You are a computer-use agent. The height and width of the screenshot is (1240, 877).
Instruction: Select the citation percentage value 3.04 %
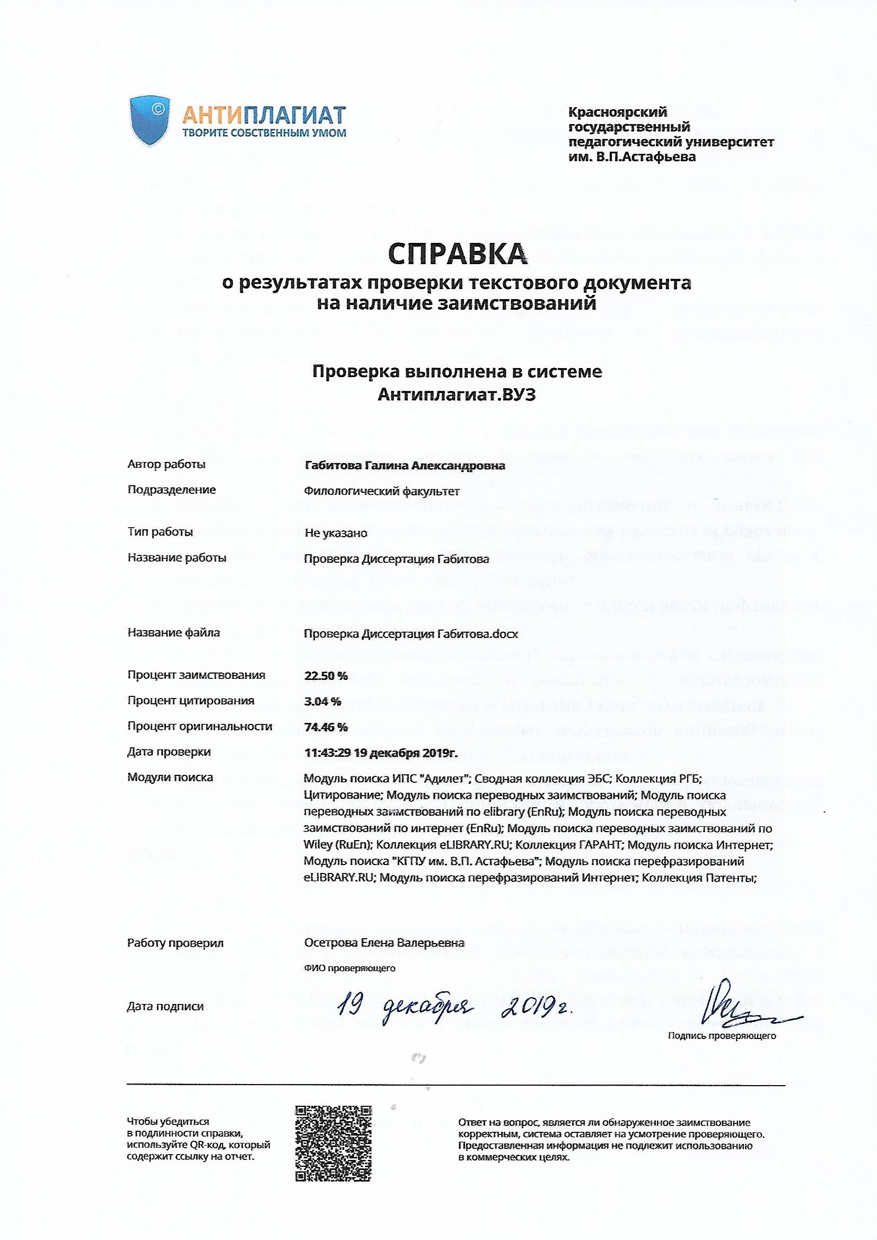tap(322, 702)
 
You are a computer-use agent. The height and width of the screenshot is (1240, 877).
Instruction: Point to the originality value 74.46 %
tap(326, 727)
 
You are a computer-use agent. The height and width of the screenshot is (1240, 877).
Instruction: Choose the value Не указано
tap(336, 533)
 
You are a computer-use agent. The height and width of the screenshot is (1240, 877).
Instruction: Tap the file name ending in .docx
tap(411, 634)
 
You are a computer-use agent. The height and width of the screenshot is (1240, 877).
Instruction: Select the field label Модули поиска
tap(170, 778)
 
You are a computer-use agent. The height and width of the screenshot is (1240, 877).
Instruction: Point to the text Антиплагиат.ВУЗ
tap(458, 395)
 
